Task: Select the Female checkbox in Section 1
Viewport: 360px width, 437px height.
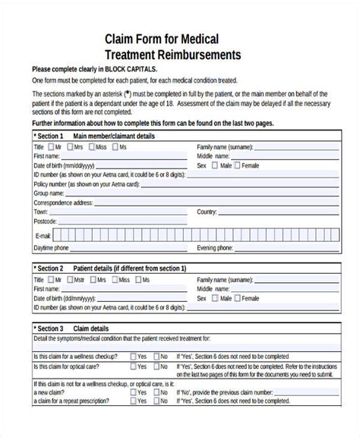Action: coord(237,165)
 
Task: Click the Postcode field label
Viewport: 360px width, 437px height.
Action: coord(45,222)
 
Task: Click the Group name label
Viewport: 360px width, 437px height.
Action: coord(50,193)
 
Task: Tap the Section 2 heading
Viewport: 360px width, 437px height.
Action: coord(49,268)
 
